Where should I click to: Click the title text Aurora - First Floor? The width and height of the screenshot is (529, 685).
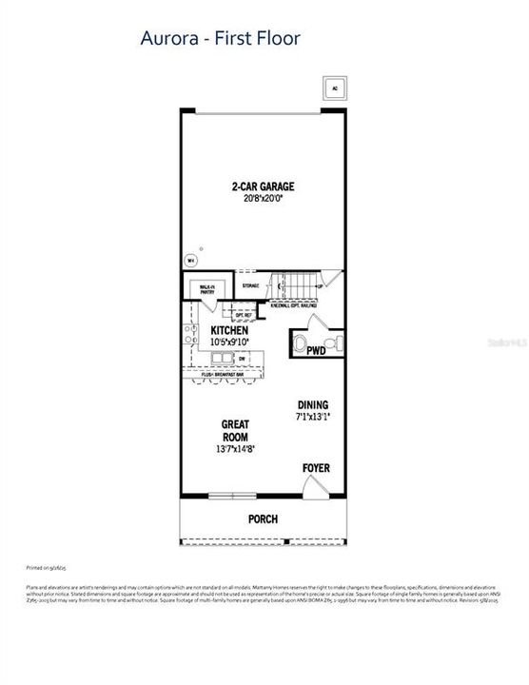tap(221, 39)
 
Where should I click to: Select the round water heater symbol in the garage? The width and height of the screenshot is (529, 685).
tap(188, 258)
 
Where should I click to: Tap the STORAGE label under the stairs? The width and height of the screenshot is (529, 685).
tap(250, 284)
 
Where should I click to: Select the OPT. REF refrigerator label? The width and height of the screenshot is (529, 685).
tap(243, 315)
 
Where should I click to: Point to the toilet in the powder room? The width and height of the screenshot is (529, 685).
tap(301, 343)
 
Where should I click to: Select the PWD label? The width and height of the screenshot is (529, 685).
tap(316, 351)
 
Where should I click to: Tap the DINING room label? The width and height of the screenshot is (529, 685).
tap(312, 402)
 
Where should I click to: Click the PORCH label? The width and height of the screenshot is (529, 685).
tap(262, 519)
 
